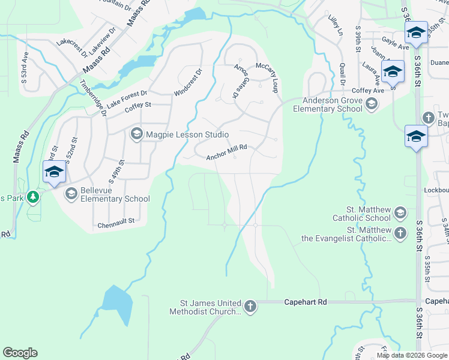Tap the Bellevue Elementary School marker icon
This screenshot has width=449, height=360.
click(71, 193)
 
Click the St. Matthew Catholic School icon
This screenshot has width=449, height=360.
click(400, 212)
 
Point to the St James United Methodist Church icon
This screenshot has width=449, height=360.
click(250, 307)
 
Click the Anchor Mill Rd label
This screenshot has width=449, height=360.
click(227, 155)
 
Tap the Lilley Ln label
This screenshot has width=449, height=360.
click(334, 25)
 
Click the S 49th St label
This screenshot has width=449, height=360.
click(116, 171)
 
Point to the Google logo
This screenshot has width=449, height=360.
click(20, 353)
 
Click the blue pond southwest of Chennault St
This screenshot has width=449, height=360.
click(118, 306)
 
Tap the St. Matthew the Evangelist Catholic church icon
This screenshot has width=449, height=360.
click(400, 233)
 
